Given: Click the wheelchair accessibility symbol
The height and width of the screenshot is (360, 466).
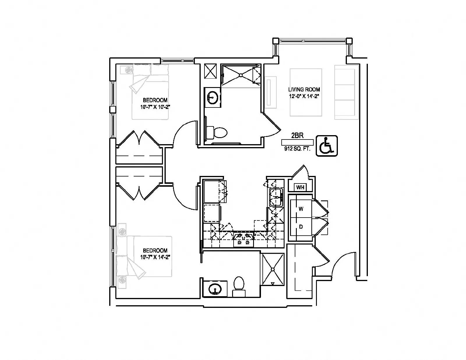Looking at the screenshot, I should (x=327, y=146).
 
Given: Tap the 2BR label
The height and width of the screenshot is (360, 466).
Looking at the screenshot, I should (x=297, y=135).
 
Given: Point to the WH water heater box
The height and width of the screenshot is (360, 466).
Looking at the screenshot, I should (x=300, y=187).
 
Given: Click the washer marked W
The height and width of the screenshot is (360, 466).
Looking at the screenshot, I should (x=301, y=209).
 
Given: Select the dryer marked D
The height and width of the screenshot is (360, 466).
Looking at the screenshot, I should (x=301, y=227).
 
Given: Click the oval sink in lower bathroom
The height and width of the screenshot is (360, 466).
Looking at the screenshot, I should (x=215, y=289).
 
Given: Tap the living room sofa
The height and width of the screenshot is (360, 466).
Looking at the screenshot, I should (x=345, y=92).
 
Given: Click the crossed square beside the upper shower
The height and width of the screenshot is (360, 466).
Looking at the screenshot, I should (x=210, y=71).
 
